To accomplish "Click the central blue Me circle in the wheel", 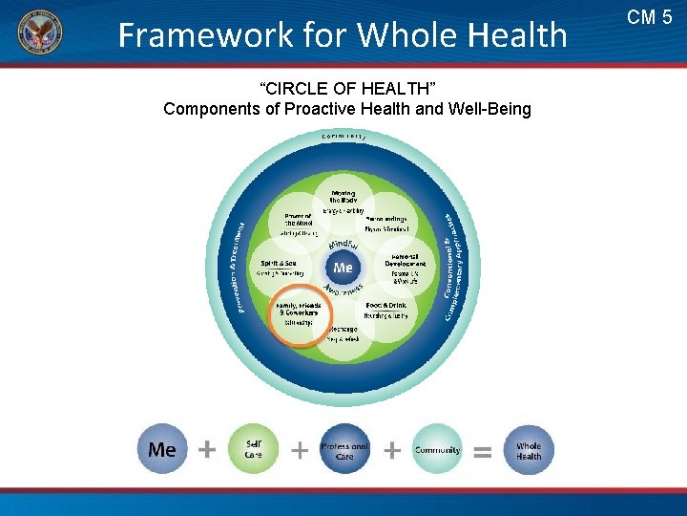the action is coord(343,268).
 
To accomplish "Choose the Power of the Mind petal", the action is coord(296,224).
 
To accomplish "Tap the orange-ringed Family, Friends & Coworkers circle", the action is coord(299,315).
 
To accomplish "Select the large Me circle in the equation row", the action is coord(163,449).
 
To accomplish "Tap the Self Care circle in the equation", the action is coord(254,449).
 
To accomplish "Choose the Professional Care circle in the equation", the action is coord(344,449).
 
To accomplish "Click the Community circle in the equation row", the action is coord(437,449).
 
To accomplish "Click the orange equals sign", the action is coord(483,451).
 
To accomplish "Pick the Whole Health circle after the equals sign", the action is coord(529,449).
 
